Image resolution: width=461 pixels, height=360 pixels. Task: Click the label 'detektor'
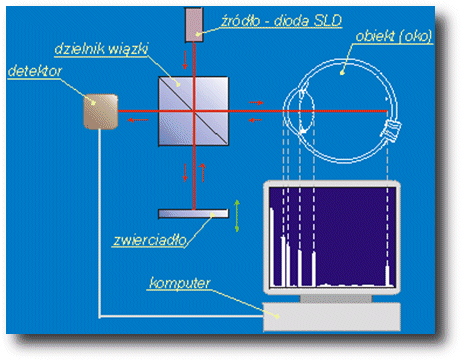click(35, 71)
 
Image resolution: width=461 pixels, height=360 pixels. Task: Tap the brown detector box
click(101, 112)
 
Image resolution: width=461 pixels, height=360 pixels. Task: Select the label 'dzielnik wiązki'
click(101, 49)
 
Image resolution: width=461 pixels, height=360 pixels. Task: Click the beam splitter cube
click(193, 111)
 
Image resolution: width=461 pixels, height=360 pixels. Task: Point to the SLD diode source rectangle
click(194, 25)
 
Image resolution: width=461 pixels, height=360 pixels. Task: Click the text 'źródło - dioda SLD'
click(282, 21)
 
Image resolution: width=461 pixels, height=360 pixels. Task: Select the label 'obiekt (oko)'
click(394, 36)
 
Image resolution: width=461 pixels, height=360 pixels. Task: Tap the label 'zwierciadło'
click(150, 240)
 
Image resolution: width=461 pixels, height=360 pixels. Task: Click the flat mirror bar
click(193, 213)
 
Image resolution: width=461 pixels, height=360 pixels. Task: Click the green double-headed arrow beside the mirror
click(237, 216)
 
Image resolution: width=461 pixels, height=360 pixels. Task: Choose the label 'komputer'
click(180, 283)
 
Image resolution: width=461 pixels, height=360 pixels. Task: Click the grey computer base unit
click(332, 317)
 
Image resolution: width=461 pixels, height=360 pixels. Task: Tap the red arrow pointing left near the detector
click(138, 120)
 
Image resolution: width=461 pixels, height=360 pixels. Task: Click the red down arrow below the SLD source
click(185, 60)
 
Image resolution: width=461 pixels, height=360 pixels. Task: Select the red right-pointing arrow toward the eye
click(256, 103)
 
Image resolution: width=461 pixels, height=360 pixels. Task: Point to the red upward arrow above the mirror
click(202, 173)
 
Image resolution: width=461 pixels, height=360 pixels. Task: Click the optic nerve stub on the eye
click(391, 130)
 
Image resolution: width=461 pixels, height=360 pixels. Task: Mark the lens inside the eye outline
click(307, 111)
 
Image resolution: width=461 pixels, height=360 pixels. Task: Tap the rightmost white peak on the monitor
click(387, 276)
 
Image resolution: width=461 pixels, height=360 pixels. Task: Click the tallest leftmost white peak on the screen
click(272, 247)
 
